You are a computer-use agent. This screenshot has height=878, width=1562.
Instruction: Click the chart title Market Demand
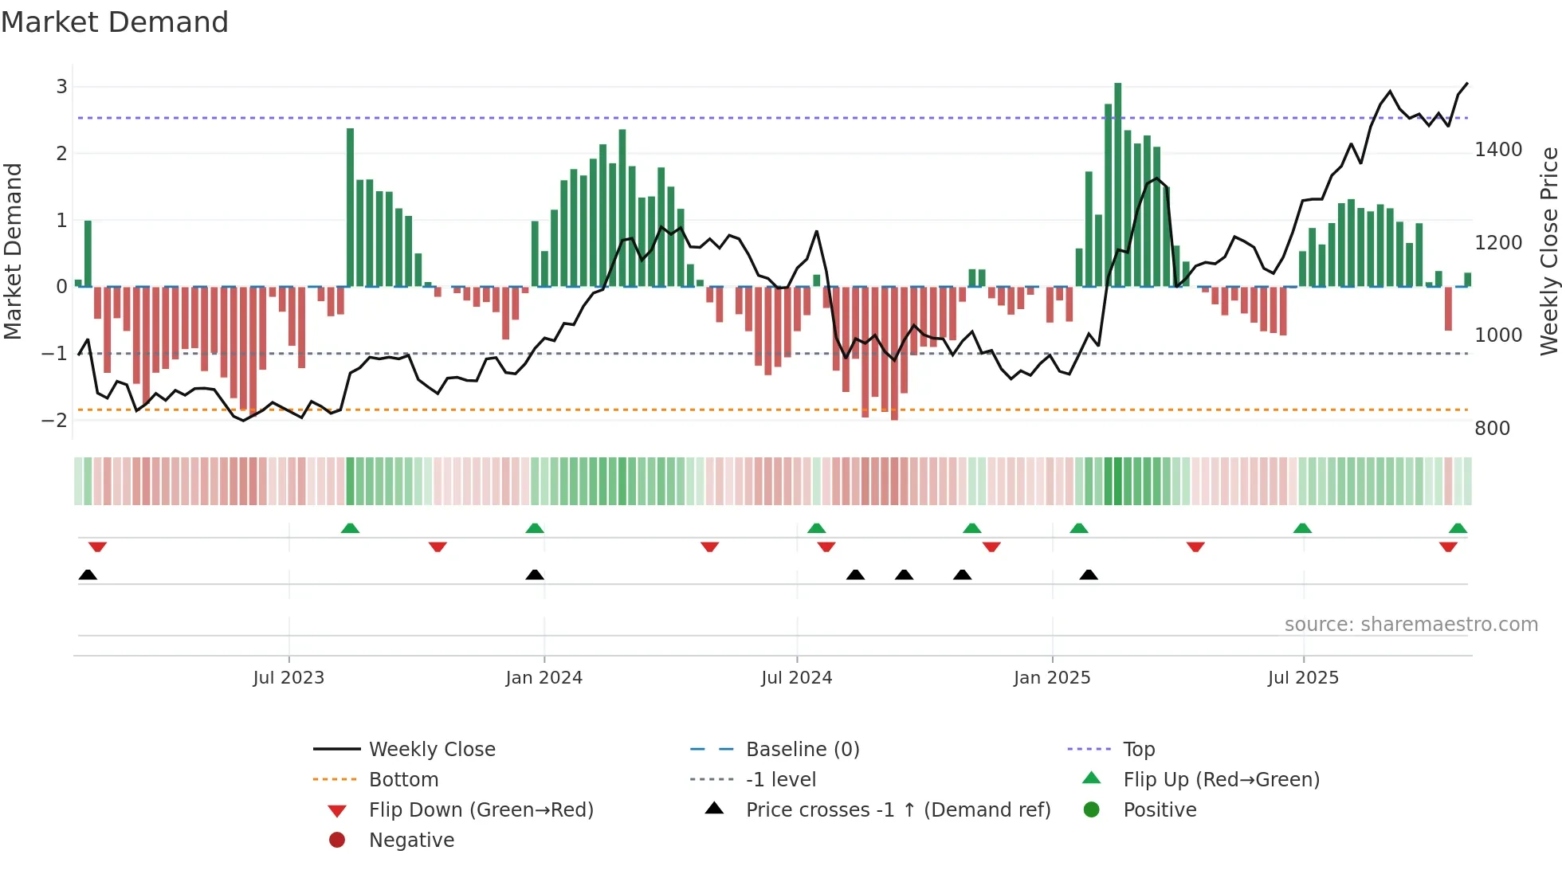click(x=115, y=22)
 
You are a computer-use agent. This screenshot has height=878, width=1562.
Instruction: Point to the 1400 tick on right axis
click(x=1498, y=150)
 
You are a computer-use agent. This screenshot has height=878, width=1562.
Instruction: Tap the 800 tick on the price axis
click(x=1492, y=429)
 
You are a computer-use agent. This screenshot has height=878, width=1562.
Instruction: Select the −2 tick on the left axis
click(x=55, y=420)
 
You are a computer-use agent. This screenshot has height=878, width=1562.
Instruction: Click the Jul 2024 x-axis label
click(x=796, y=678)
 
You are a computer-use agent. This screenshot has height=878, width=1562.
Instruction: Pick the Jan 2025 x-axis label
click(x=1051, y=678)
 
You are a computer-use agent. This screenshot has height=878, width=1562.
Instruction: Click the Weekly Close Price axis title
click(x=1548, y=251)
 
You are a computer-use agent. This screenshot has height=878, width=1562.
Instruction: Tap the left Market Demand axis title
click(x=14, y=251)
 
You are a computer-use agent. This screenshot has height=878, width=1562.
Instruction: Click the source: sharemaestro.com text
click(x=1411, y=625)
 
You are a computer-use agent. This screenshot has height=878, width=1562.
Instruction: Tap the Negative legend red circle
click(x=337, y=841)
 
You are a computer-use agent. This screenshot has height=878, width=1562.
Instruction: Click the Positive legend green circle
click(x=1092, y=810)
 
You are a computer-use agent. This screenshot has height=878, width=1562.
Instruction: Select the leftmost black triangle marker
click(x=88, y=575)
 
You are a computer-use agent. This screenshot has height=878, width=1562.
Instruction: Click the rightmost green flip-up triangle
click(x=1458, y=528)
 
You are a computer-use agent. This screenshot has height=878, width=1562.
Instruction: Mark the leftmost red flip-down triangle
click(x=97, y=547)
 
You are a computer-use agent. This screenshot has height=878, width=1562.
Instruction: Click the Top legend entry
click(x=1138, y=750)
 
